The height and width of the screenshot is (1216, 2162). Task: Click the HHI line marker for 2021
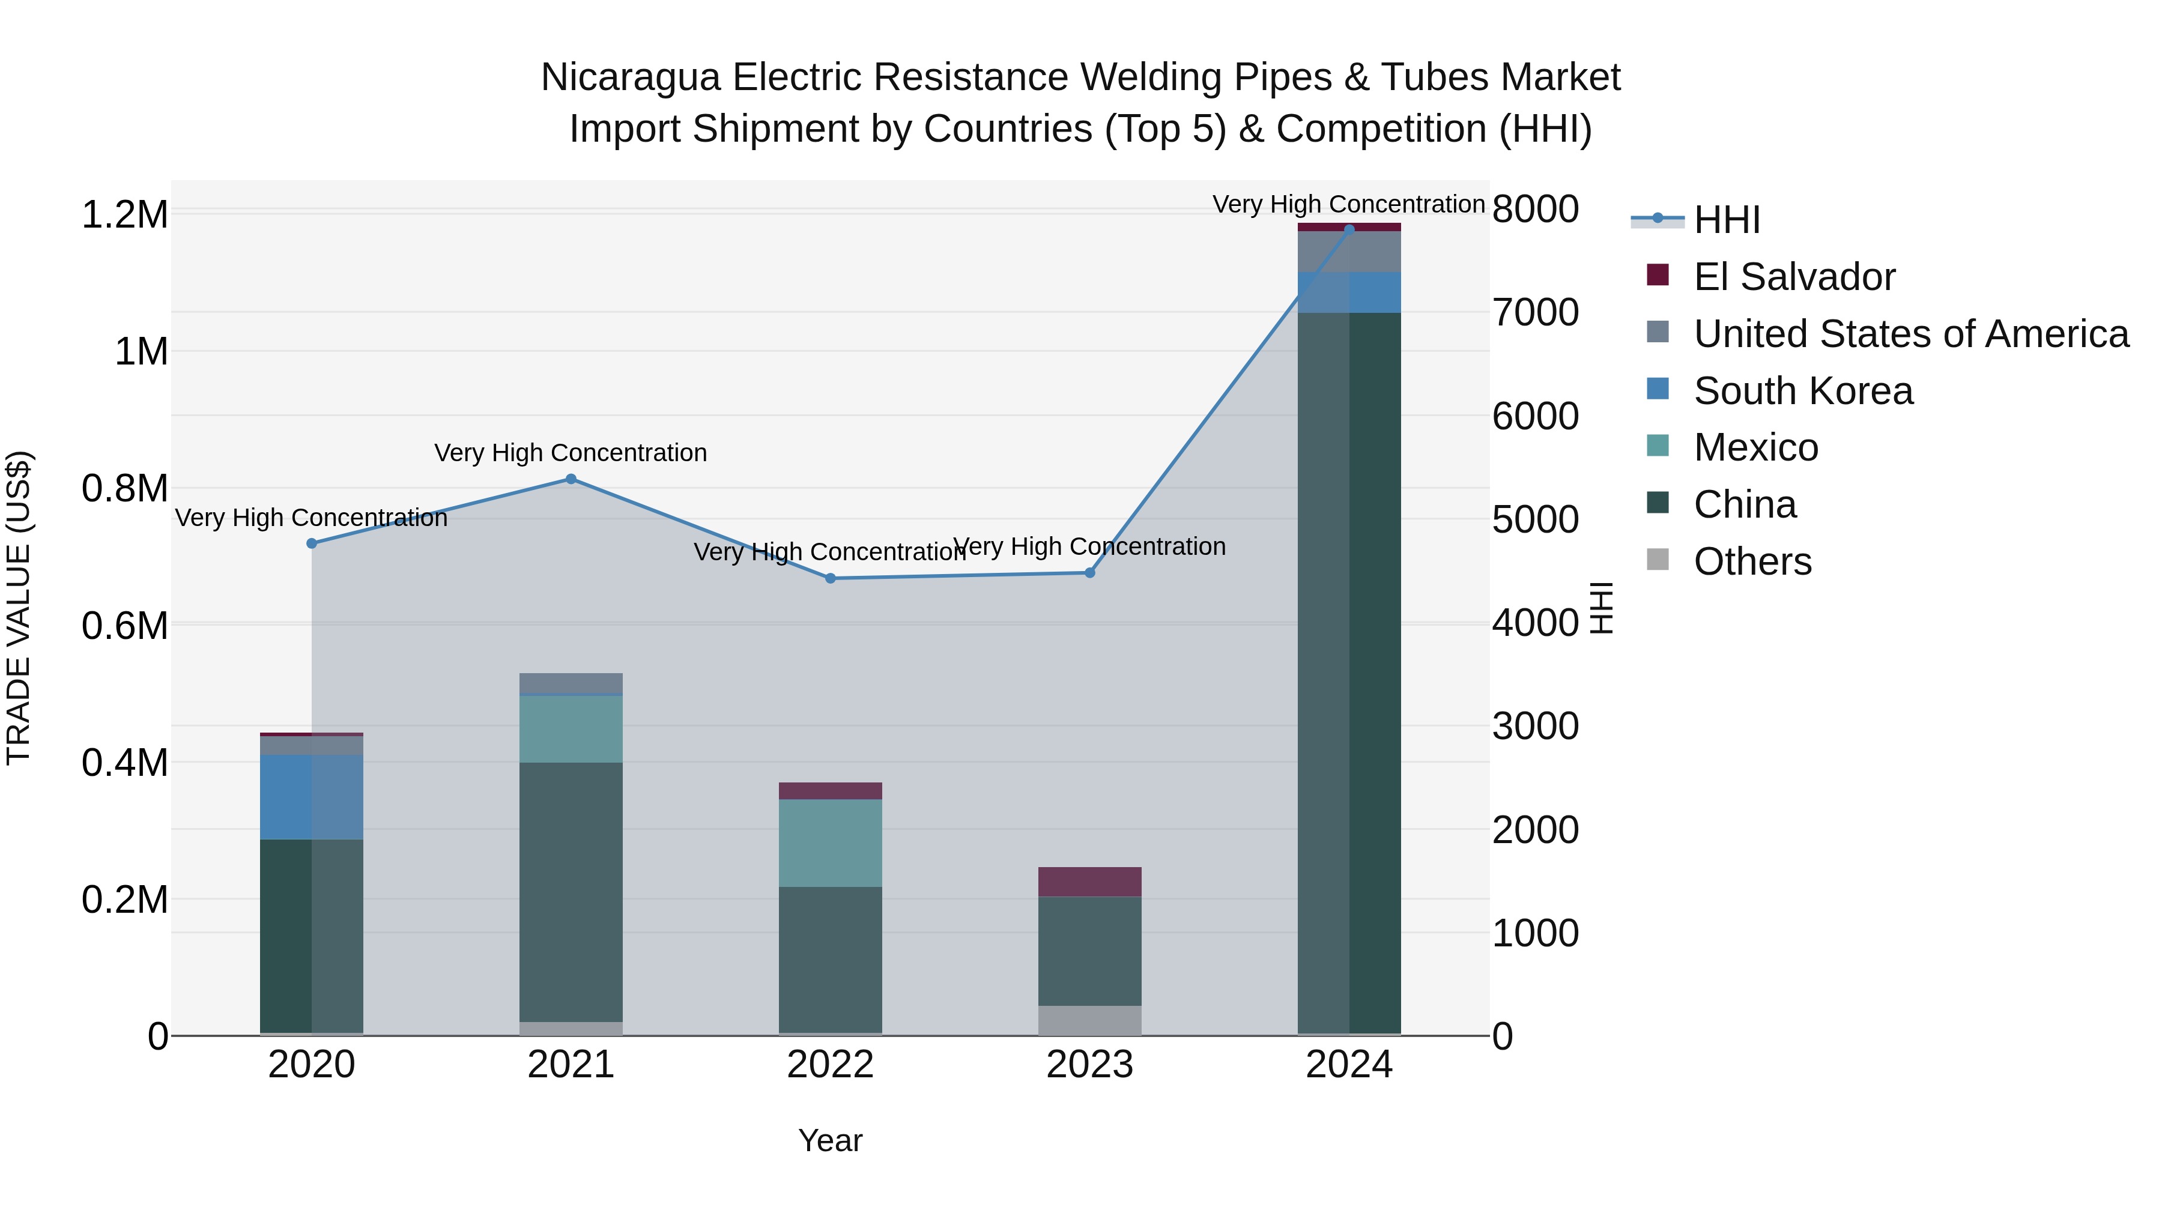[x=571, y=479]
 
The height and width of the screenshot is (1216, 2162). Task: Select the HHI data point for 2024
[x=1349, y=229]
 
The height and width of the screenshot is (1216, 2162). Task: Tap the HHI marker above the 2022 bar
[x=830, y=578]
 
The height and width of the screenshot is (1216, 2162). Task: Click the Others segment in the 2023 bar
[x=1089, y=1020]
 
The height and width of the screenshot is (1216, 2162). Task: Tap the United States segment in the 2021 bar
[x=571, y=684]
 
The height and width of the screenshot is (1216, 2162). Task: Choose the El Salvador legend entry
[x=1793, y=277]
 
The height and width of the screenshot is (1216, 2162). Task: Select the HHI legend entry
[x=1727, y=220]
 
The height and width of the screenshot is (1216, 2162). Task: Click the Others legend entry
[x=1752, y=561]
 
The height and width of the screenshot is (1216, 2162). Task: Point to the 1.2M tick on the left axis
[x=124, y=215]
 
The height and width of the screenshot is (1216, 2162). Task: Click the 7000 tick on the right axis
[x=1535, y=312]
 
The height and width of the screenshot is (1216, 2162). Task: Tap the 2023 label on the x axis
[x=1089, y=1065]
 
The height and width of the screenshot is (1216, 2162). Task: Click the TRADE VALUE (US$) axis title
[x=19, y=608]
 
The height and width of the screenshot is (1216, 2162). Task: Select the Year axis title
[x=830, y=1140]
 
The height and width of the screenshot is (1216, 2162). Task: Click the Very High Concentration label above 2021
[x=571, y=453]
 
